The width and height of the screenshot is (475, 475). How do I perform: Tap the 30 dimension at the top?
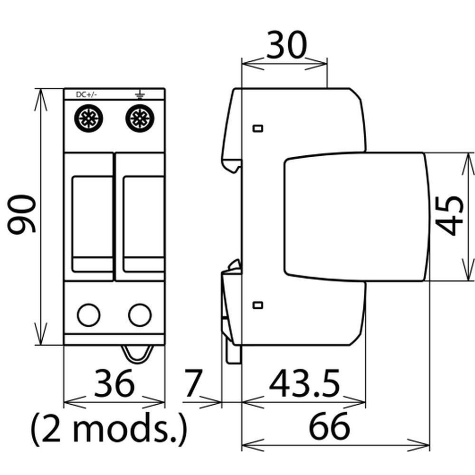click(x=287, y=45)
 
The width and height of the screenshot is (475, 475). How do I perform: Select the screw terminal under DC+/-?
click(x=88, y=119)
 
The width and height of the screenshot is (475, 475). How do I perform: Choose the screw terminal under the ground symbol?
click(x=140, y=119)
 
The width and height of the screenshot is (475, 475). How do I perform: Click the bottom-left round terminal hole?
click(x=89, y=315)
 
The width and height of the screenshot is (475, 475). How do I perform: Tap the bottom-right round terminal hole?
click(x=140, y=315)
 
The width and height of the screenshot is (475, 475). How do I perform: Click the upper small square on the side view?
click(x=258, y=128)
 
